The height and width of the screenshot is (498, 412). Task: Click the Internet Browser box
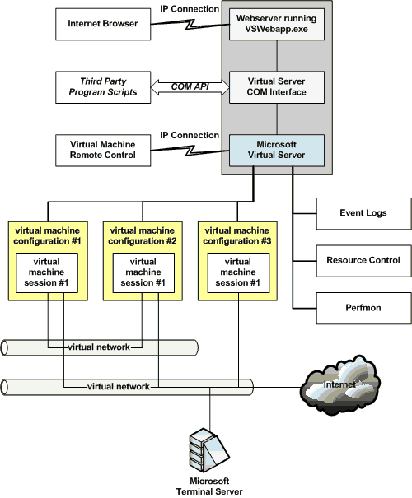tap(103, 24)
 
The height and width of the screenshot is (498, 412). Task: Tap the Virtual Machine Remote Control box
tap(103, 149)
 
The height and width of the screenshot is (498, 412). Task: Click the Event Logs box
tap(363, 213)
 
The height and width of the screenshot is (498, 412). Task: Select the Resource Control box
tap(363, 260)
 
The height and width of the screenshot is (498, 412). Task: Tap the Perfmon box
tap(363, 307)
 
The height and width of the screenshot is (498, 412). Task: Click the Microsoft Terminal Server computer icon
tap(208, 449)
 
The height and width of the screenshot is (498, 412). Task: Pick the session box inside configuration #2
tap(143, 272)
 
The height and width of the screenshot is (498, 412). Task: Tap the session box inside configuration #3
tap(236, 272)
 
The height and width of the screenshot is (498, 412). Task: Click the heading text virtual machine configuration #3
tap(236, 237)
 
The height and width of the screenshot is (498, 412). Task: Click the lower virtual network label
tap(119, 386)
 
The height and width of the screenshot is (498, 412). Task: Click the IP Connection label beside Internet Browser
tap(190, 9)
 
